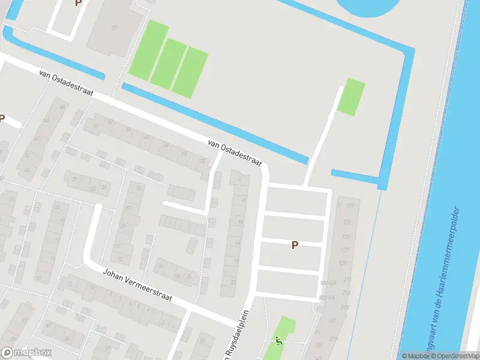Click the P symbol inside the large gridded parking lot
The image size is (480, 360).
(295, 245)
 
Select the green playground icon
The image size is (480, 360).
(278, 340)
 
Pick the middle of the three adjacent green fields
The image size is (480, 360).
(168, 63)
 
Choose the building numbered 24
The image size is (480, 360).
(104, 187)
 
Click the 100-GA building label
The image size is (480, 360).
(328, 283)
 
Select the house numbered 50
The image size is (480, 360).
(95, 125)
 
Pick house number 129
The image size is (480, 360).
(343, 263)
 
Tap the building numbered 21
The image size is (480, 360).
(75, 179)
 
